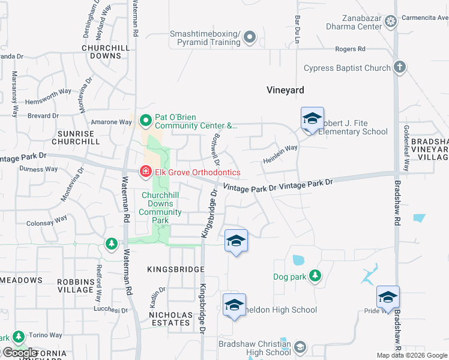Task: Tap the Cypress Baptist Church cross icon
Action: tap(400, 68)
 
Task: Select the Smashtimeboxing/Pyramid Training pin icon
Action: tap(251, 38)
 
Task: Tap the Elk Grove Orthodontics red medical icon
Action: tap(145, 172)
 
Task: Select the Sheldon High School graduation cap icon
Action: tap(234, 304)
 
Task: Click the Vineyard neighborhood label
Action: tap(285, 90)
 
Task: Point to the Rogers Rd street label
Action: tap(351, 49)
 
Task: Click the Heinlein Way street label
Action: tap(280, 155)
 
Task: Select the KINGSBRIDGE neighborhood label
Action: tap(176, 269)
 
